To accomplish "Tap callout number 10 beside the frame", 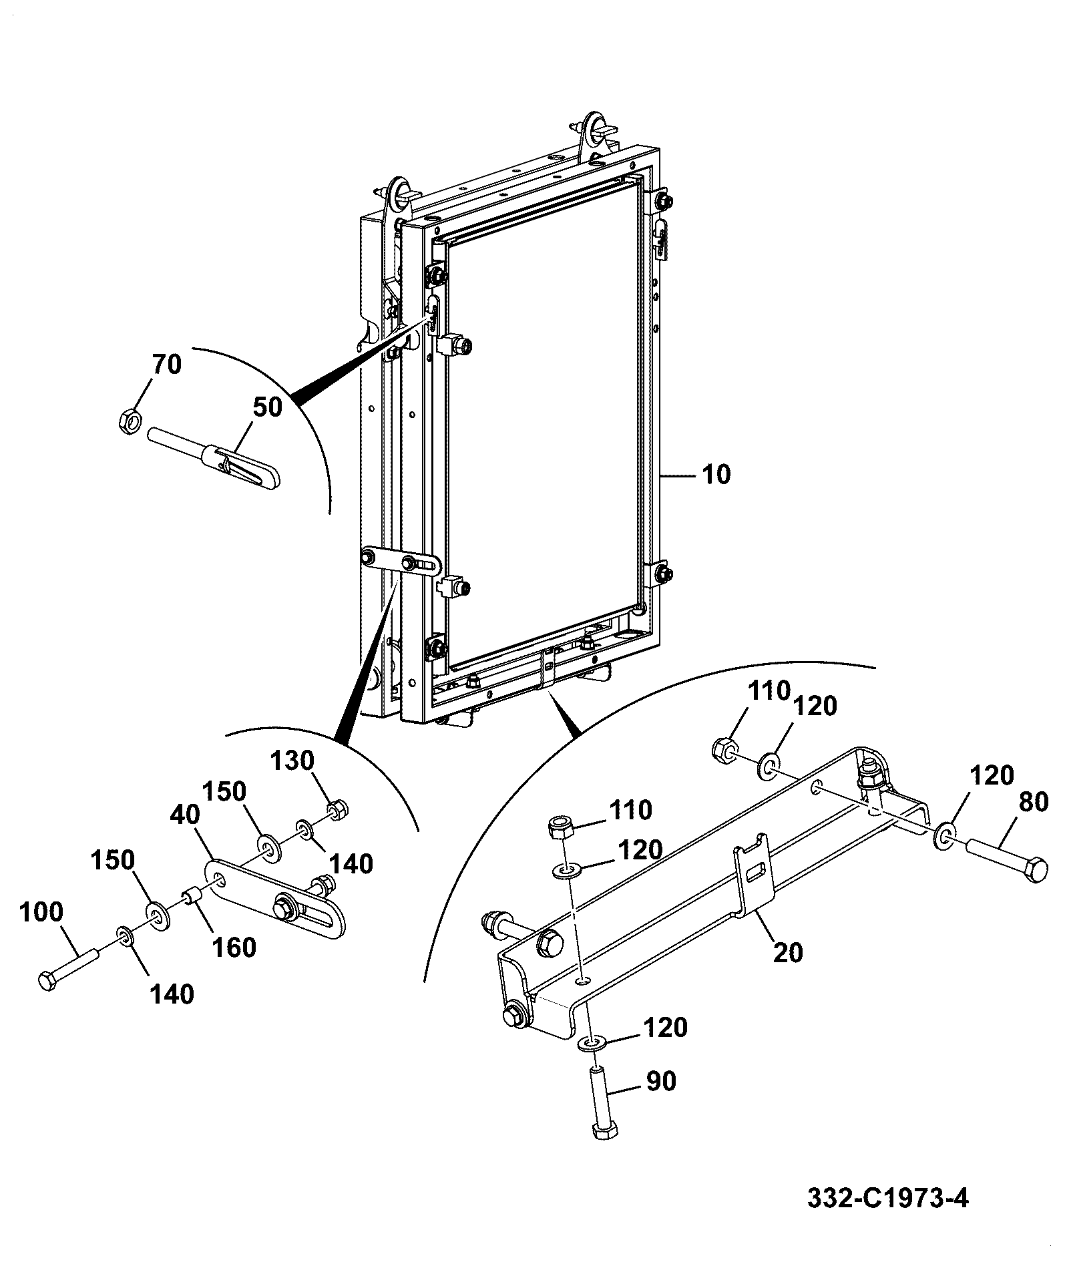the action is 716,475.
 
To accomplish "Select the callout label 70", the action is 166,365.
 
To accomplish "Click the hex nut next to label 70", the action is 129,421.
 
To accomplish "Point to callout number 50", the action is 268,407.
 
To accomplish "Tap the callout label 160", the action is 234,948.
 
